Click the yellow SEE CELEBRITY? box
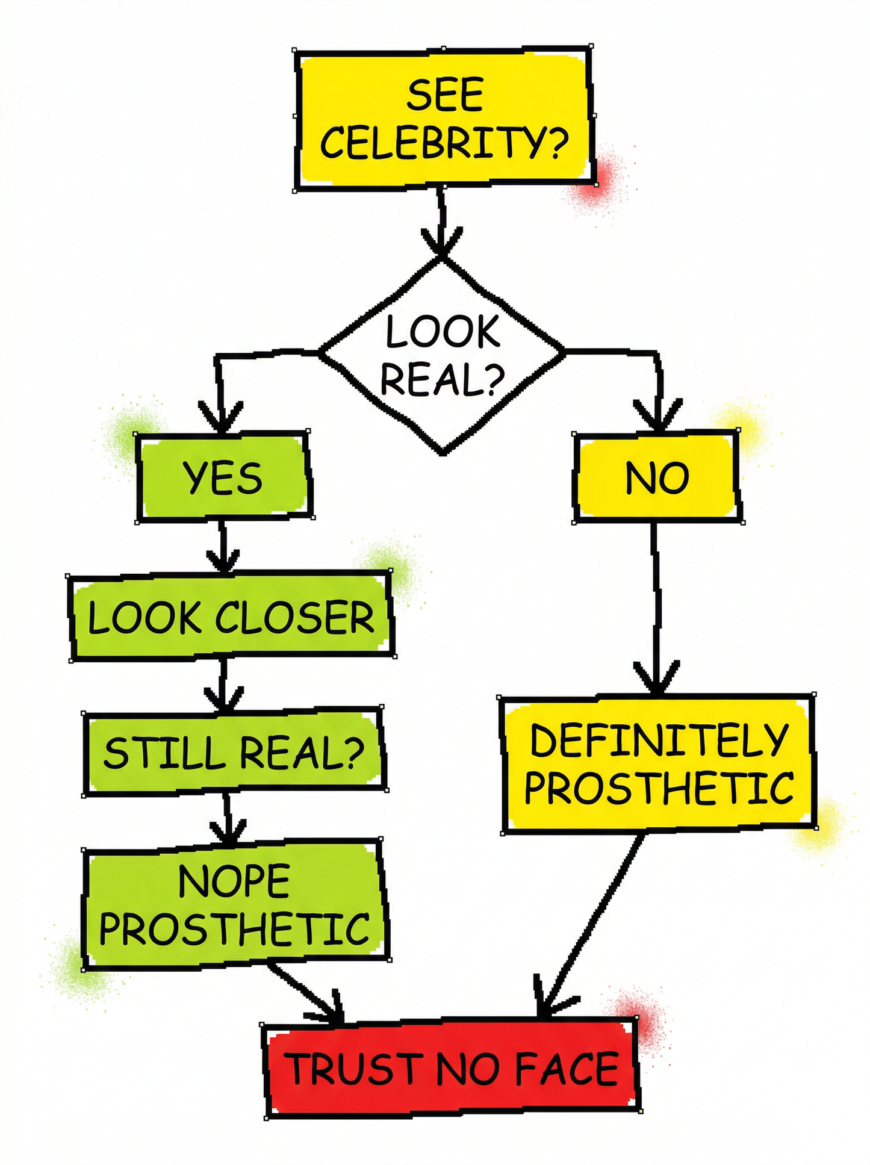click(x=444, y=118)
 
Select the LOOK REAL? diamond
click(x=443, y=355)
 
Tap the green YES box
click(x=223, y=476)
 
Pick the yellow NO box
click(x=657, y=476)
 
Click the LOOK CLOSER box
click(x=231, y=617)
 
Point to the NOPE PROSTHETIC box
click(x=235, y=904)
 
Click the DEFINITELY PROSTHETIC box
click(x=658, y=764)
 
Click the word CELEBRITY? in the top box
click(x=444, y=142)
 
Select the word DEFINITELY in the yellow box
click(x=659, y=740)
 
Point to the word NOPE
click(x=235, y=881)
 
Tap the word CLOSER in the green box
click(x=295, y=618)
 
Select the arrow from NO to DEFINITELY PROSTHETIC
click(x=656, y=608)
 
